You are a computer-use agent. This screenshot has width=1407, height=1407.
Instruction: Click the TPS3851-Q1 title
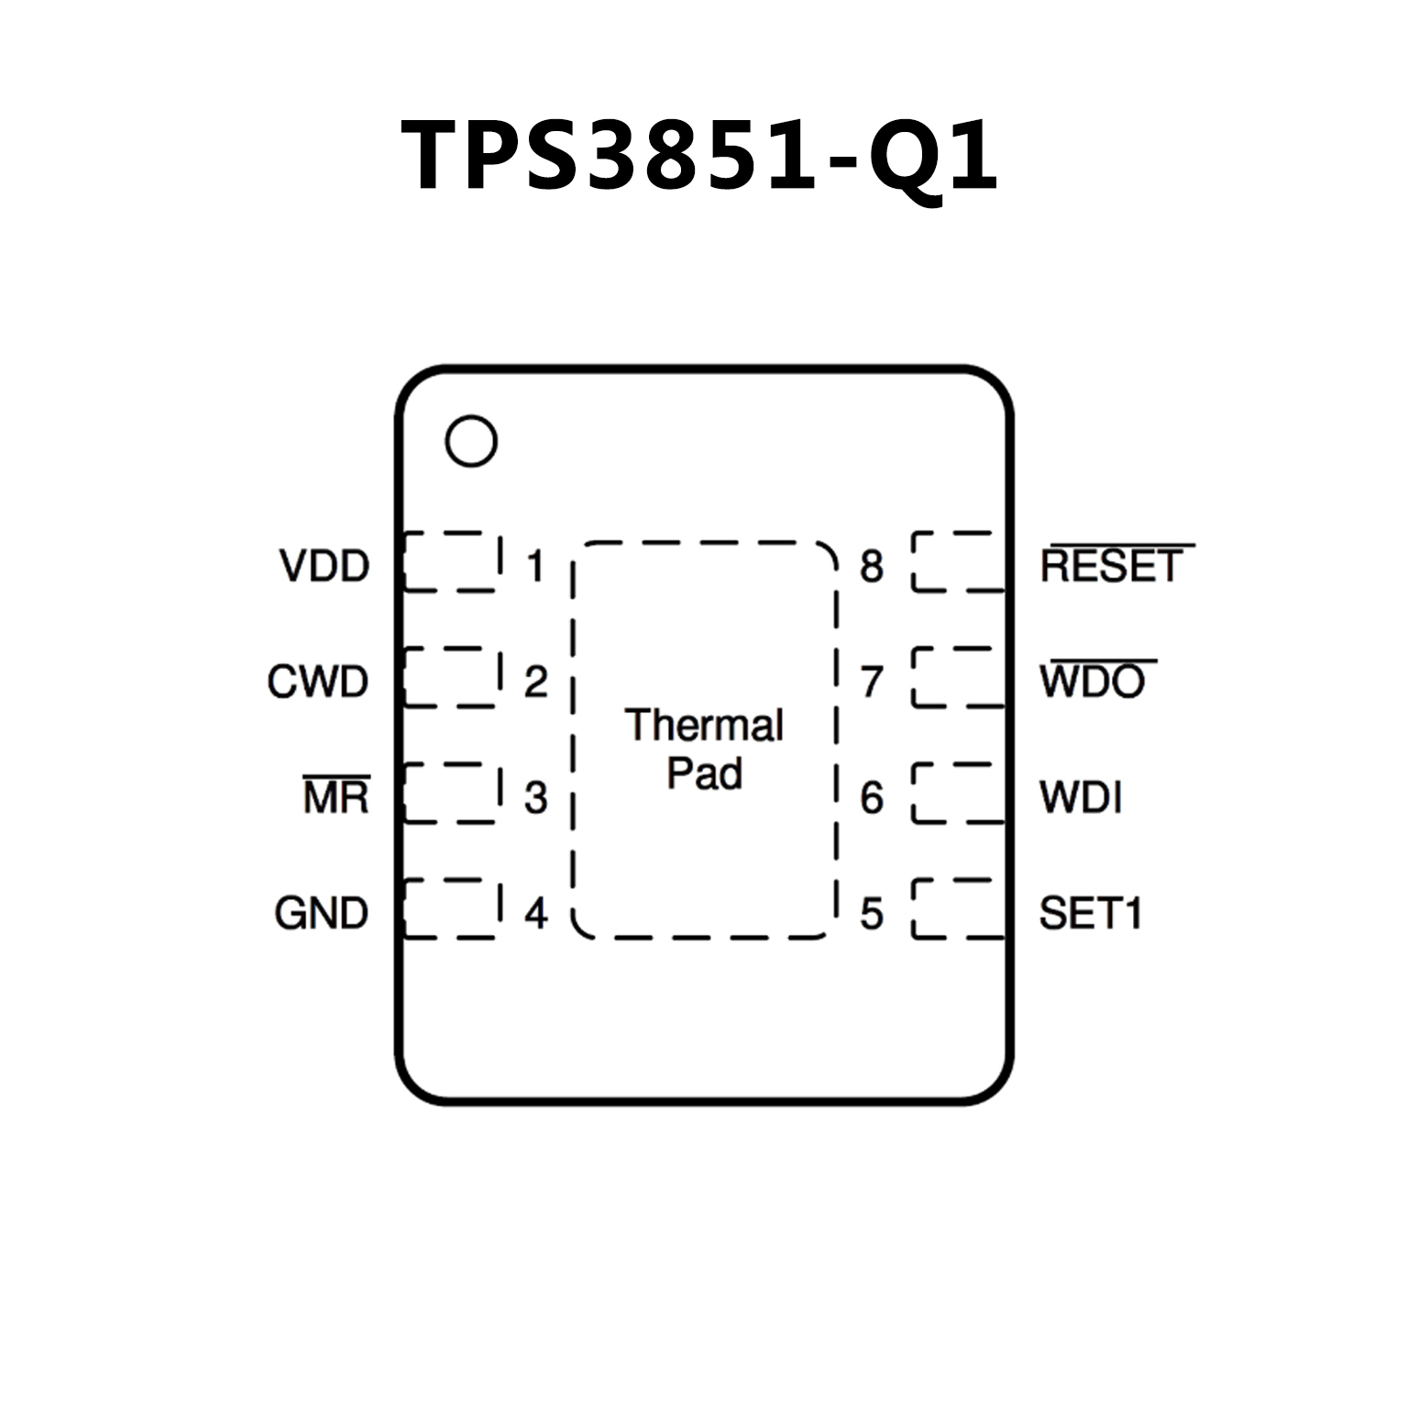[699, 156]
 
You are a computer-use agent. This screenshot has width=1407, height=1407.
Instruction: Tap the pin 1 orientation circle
[471, 441]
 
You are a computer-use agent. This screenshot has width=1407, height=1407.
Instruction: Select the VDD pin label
[324, 566]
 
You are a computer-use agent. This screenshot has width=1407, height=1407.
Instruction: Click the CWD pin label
[318, 681]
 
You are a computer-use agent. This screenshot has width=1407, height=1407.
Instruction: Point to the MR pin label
[336, 797]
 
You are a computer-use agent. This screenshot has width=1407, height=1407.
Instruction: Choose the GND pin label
[322, 913]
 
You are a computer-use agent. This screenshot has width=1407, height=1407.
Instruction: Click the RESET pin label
[1112, 566]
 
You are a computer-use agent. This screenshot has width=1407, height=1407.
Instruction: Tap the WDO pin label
[1093, 681]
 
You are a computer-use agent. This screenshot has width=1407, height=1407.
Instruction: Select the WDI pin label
[1081, 797]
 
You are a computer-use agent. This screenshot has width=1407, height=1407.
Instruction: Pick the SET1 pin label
[1090, 913]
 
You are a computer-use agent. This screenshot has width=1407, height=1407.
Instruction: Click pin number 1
[535, 566]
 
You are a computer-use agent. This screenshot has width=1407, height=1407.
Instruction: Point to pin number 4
[535, 913]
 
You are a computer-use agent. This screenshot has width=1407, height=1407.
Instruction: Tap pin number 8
[871, 566]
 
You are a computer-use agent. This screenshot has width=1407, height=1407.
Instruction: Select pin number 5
[871, 913]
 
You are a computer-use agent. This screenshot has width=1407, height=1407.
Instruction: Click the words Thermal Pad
[704, 749]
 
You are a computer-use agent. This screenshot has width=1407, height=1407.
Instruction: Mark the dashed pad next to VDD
[452, 561]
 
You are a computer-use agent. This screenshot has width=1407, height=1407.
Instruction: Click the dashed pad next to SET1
[959, 908]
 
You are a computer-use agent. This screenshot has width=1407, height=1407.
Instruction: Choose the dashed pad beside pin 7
[959, 676]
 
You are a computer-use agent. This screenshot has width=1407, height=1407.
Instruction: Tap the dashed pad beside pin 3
[452, 793]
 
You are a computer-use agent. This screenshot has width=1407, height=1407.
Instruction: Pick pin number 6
[871, 797]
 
